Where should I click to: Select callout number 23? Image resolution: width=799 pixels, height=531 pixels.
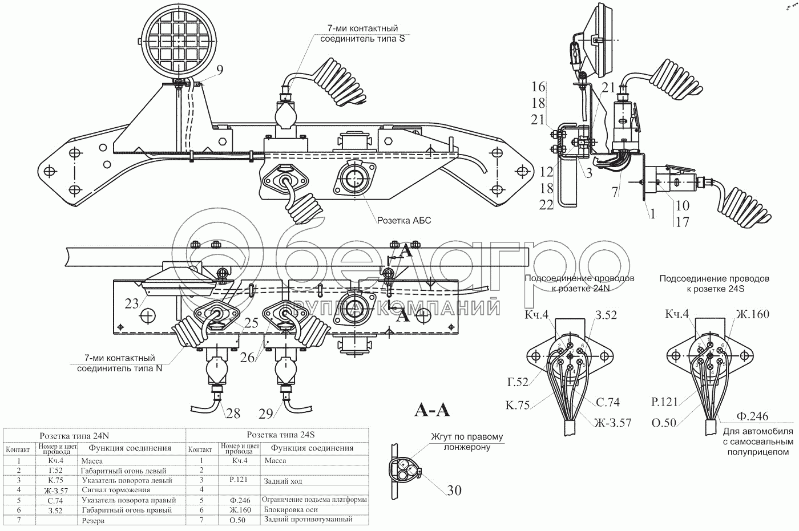click(x=132, y=303)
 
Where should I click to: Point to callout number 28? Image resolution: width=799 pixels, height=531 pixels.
click(x=233, y=414)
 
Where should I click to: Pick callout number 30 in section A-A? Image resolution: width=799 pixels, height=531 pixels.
click(x=454, y=490)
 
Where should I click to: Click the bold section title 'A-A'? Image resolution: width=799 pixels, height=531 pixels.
click(x=431, y=410)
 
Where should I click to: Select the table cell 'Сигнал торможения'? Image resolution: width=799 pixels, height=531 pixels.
click(x=116, y=490)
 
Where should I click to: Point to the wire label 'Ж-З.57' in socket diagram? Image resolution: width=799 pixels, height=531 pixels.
click(x=612, y=423)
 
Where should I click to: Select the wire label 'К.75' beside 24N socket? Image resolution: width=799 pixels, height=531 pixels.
click(x=517, y=406)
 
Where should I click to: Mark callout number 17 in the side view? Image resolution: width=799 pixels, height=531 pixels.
click(x=683, y=222)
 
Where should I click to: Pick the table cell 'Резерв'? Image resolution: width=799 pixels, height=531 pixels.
click(x=93, y=520)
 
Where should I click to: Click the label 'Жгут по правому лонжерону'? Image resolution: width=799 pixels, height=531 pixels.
click(x=467, y=442)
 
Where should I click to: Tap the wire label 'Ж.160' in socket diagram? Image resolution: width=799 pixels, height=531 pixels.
click(x=752, y=314)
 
